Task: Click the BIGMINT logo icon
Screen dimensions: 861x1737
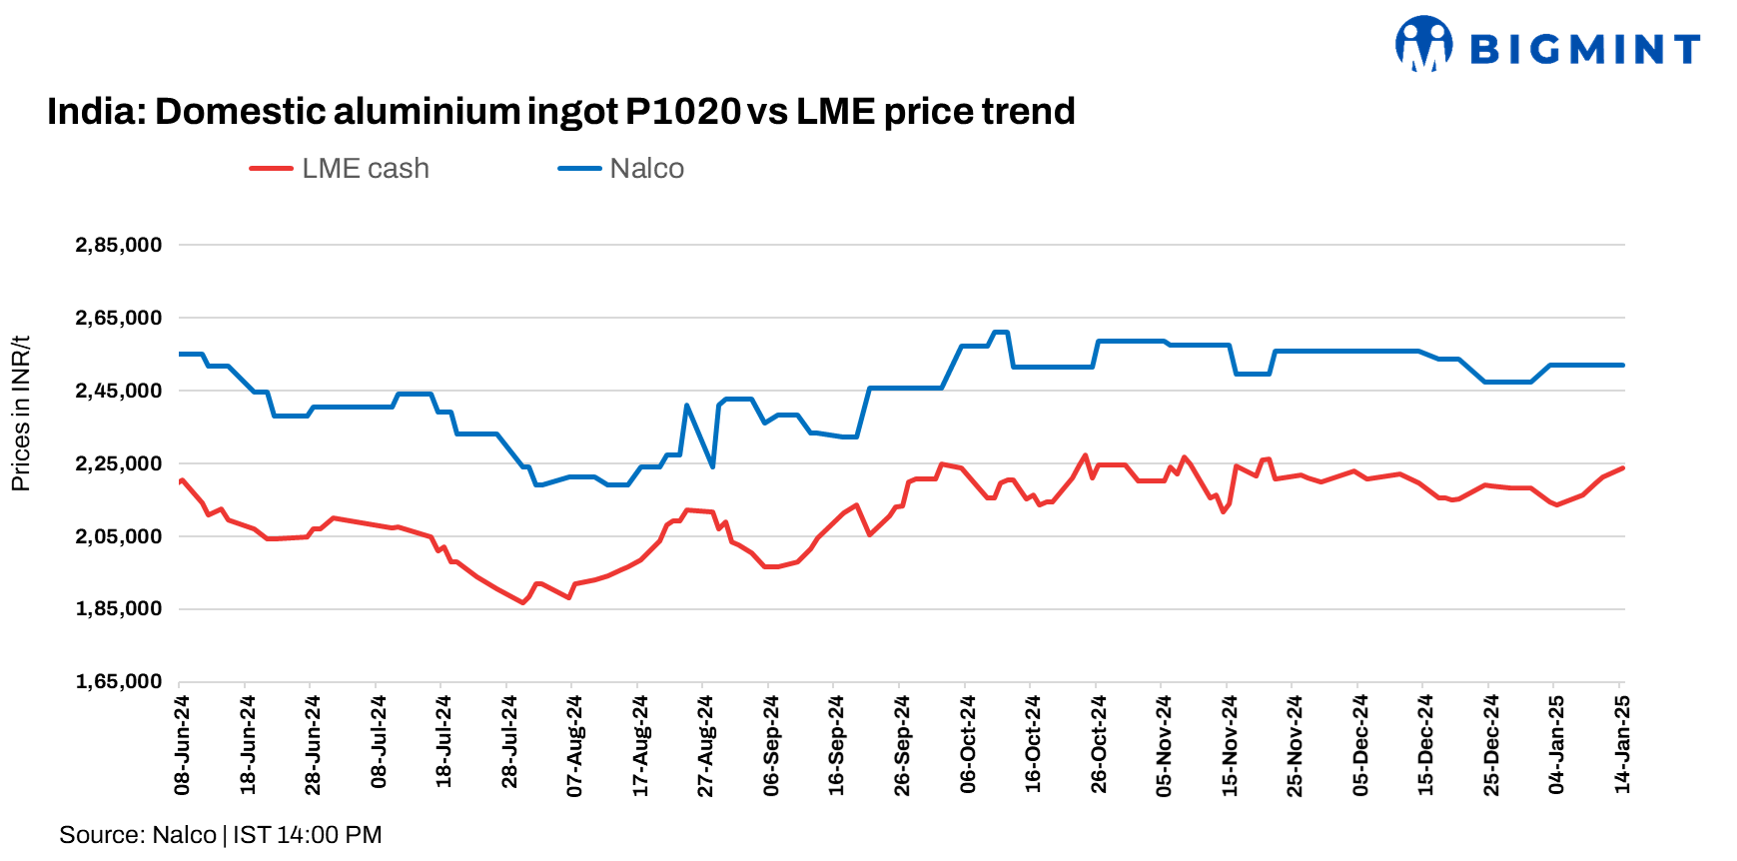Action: click(x=1423, y=44)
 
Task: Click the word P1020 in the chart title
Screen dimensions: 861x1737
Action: click(x=683, y=111)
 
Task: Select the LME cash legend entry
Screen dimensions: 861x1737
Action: click(x=341, y=169)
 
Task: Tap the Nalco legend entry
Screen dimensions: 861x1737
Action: click(x=621, y=169)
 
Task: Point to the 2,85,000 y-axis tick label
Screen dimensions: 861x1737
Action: click(x=118, y=245)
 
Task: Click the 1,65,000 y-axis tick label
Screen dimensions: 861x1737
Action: click(x=118, y=681)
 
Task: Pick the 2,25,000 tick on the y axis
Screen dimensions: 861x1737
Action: click(x=118, y=463)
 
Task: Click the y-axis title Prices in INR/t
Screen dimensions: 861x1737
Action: click(x=20, y=414)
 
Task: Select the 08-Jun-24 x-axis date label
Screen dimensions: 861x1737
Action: click(x=182, y=745)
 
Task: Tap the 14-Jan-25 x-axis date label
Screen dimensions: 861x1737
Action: click(x=1622, y=745)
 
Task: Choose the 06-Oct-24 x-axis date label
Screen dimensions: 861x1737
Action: click(x=967, y=745)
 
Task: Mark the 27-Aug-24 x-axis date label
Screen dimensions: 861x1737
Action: click(x=705, y=745)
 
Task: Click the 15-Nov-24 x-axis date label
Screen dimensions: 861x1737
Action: click(x=1230, y=745)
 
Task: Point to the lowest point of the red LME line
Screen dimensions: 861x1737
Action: click(x=522, y=602)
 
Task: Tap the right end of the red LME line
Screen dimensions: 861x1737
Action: click(x=1622, y=467)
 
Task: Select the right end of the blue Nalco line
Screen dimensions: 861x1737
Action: click(x=1622, y=365)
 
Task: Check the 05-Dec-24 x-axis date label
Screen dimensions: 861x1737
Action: click(x=1360, y=745)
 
